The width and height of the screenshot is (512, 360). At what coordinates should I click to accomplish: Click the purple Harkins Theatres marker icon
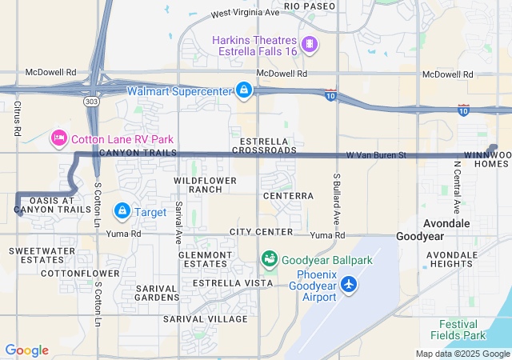click(x=309, y=43)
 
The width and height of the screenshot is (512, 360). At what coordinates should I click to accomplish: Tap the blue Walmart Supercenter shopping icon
click(x=242, y=90)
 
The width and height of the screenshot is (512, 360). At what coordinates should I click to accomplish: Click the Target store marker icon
click(x=122, y=211)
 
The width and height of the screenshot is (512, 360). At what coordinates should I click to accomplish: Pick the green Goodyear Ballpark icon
click(x=269, y=260)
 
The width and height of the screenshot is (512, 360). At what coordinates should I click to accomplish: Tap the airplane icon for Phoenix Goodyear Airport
click(x=349, y=283)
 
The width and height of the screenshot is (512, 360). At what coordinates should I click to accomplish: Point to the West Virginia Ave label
click(x=245, y=14)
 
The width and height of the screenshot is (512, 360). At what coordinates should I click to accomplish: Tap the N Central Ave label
click(x=457, y=186)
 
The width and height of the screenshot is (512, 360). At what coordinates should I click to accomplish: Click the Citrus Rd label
click(x=17, y=118)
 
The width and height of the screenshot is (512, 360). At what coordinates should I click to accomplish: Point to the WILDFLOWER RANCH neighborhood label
click(x=206, y=185)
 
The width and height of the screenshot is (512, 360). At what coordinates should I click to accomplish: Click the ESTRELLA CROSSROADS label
click(x=263, y=145)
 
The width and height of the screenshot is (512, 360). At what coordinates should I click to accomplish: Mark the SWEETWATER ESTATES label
click(x=36, y=255)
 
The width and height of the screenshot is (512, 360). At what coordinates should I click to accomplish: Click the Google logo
click(x=26, y=350)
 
